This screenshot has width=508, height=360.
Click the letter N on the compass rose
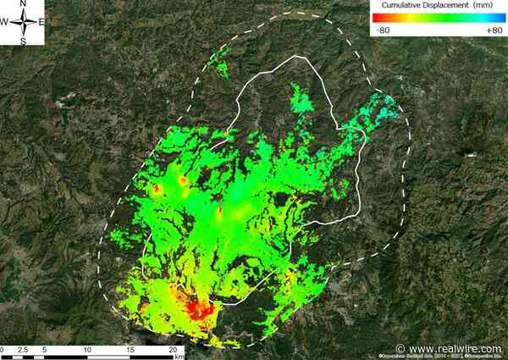click(x=24, y=6)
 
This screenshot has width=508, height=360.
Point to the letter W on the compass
click(x=5, y=22)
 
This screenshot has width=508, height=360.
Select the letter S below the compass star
click(x=24, y=40)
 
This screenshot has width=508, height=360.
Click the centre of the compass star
click(x=24, y=22)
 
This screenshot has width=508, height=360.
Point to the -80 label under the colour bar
click(x=383, y=30)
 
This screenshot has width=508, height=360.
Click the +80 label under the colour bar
click(x=494, y=30)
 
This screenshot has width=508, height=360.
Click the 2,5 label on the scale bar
click(x=23, y=350)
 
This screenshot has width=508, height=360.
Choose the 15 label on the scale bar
click(x=130, y=350)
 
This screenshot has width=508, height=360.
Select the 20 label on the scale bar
click(x=174, y=350)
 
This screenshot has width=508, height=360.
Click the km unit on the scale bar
click(x=179, y=357)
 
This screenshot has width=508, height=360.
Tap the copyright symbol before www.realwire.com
click(x=401, y=349)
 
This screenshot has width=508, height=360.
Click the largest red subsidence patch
click(x=200, y=308)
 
